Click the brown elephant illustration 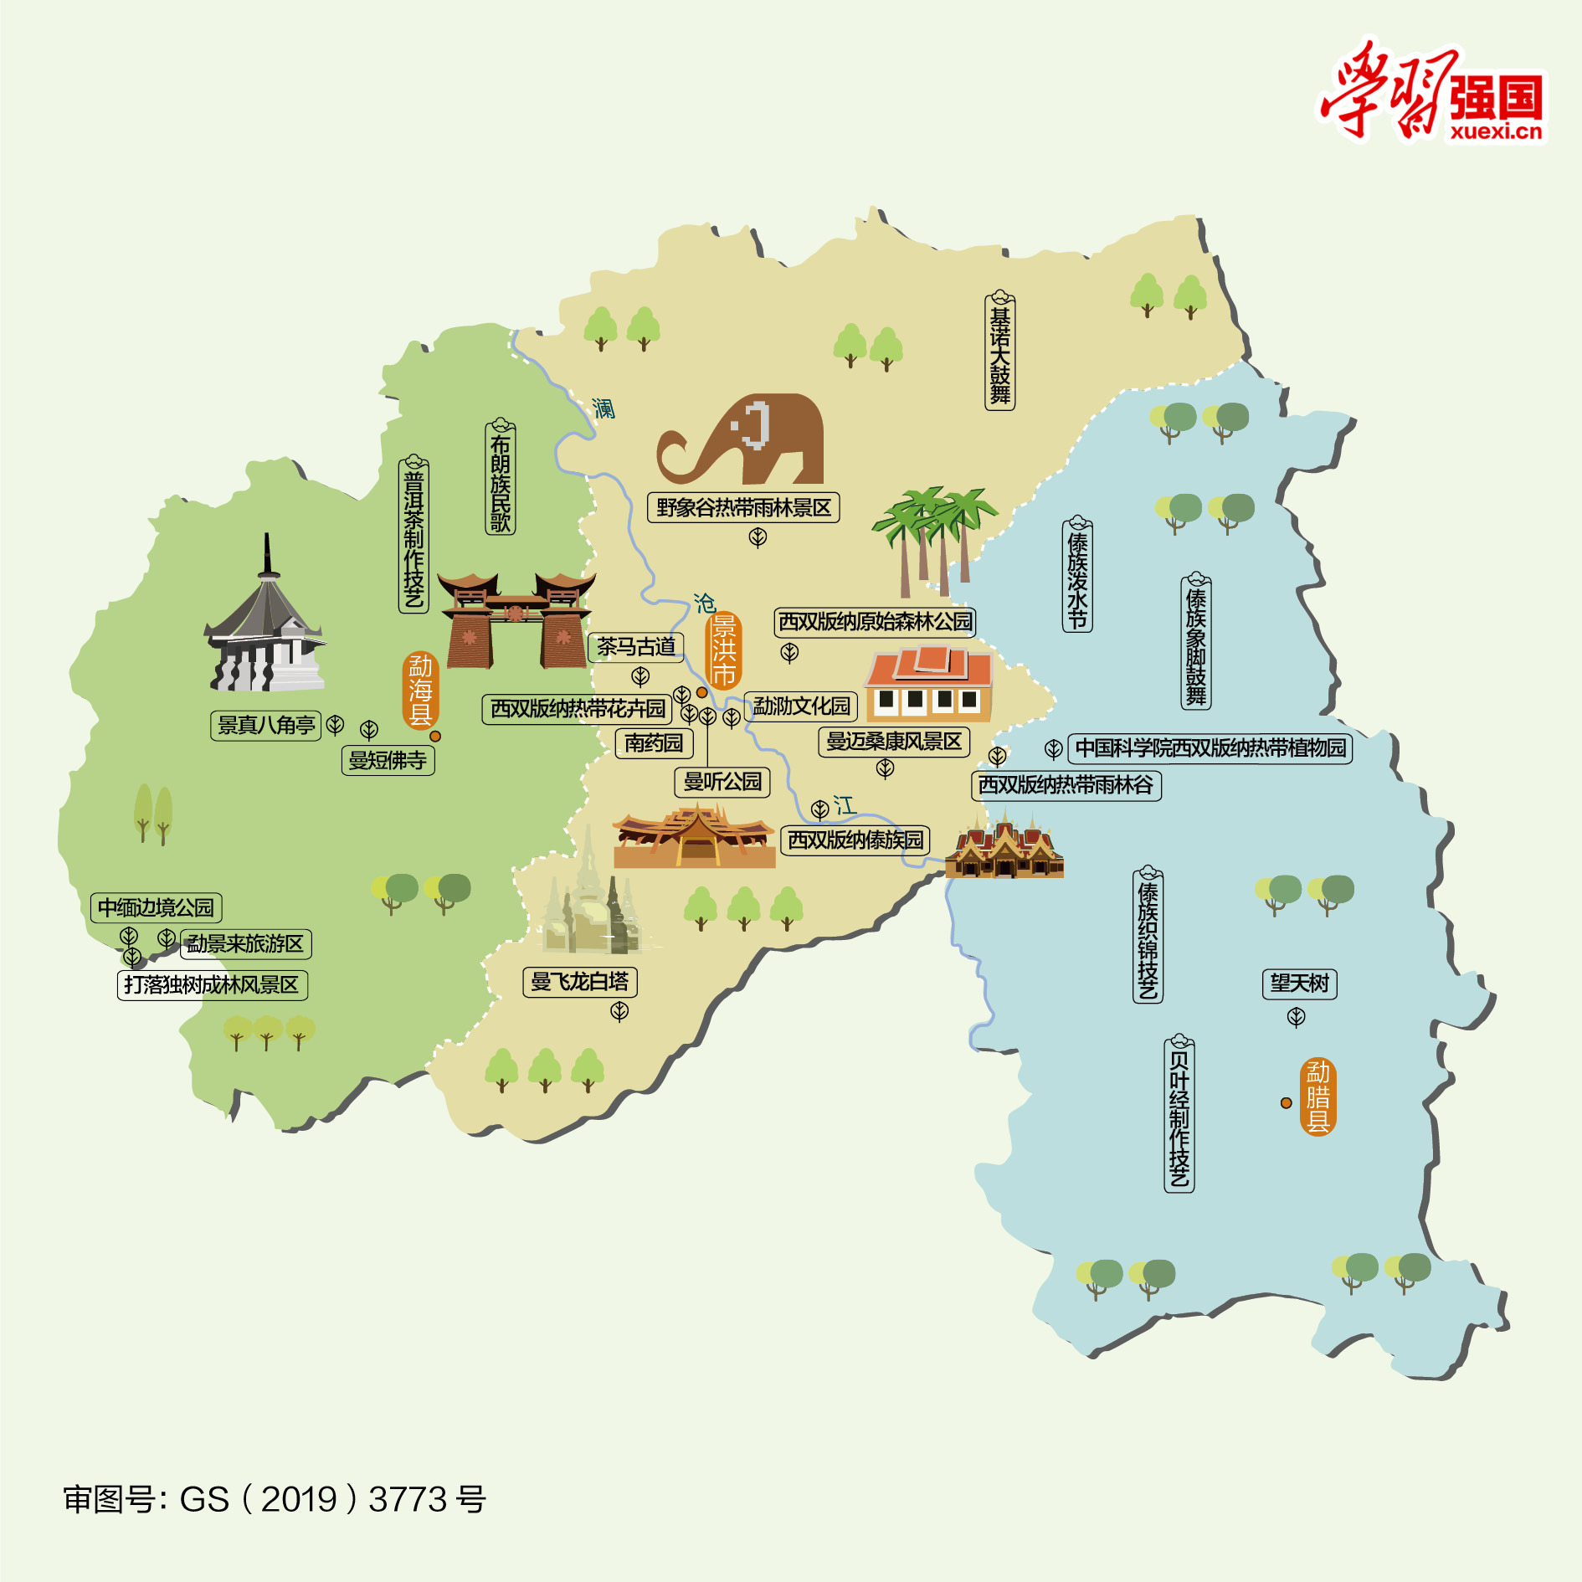(x=745, y=439)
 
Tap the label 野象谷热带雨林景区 (x=743, y=508)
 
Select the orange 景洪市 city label (x=723, y=650)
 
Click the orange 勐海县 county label (x=420, y=691)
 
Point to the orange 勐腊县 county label (x=1317, y=1097)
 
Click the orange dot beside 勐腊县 (x=1286, y=1103)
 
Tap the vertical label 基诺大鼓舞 (x=1000, y=352)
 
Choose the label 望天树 (x=1299, y=984)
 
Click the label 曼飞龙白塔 (x=579, y=982)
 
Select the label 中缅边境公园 (x=156, y=908)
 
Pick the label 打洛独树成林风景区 (x=212, y=985)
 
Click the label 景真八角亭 (x=266, y=726)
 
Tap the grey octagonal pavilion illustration (x=266, y=628)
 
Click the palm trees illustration (x=933, y=536)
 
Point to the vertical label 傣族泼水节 (x=1077, y=575)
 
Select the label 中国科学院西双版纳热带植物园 (x=1210, y=748)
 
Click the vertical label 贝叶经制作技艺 (x=1179, y=1114)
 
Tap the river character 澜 (x=604, y=408)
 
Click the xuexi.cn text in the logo (x=1495, y=131)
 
